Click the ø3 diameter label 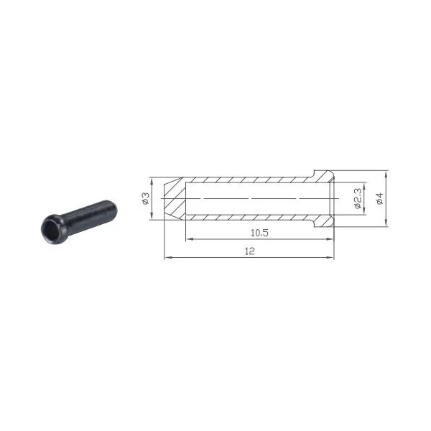tap(146, 198)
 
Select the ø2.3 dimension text tap(358, 198)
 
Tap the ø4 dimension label tap(380, 198)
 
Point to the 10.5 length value tap(259, 233)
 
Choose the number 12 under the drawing tap(249, 251)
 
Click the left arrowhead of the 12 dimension tap(167, 258)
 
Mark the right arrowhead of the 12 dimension tap(330, 258)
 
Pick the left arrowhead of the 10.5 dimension tap(189, 239)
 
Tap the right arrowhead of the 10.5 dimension tap(329, 239)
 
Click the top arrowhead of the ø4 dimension tap(386, 174)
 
